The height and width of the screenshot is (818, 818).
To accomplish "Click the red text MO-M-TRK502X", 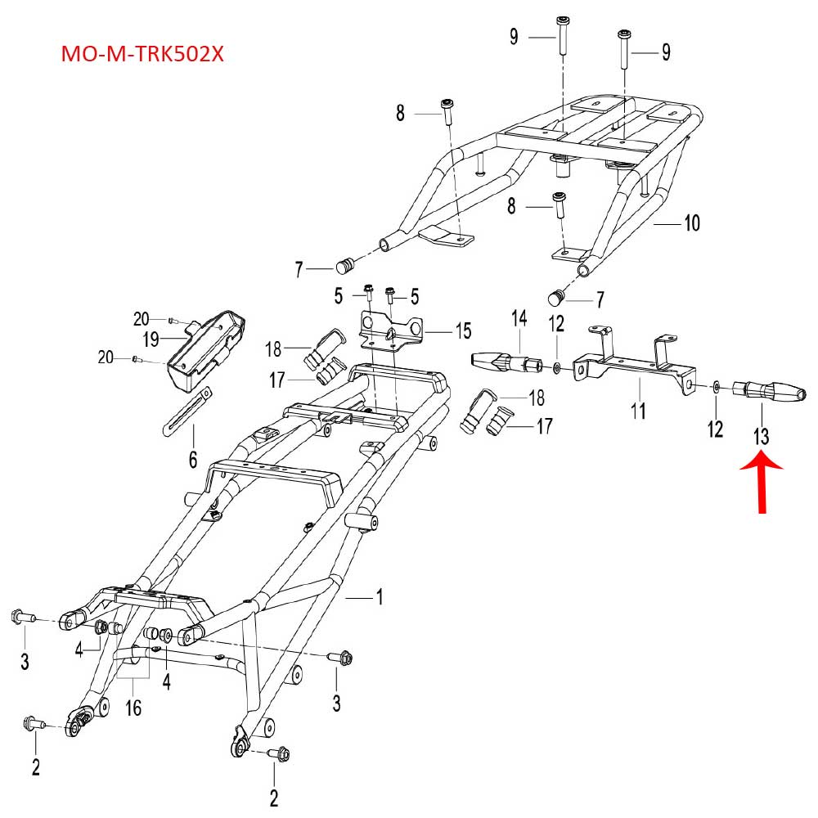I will [143, 56].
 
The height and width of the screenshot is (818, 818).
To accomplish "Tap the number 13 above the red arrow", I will [762, 436].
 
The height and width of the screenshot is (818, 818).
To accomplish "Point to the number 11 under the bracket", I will [638, 408].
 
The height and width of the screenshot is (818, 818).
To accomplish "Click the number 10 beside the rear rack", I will [692, 222].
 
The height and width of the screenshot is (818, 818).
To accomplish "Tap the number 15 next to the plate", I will [463, 331].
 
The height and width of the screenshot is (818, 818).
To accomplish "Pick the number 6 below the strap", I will [193, 461].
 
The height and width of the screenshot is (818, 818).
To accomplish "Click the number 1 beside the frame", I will [379, 598].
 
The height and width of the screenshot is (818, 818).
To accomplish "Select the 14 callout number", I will [520, 317].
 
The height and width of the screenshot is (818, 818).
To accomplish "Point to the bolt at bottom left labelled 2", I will [32, 722].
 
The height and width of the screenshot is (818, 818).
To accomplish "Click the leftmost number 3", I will [25, 661].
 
